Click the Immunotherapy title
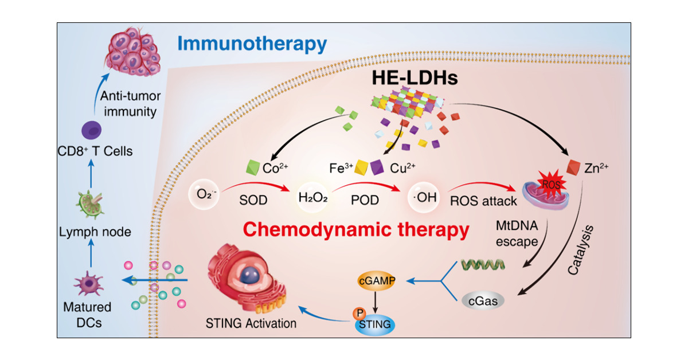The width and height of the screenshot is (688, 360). tap(252, 43)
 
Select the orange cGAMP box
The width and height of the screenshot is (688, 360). tap(379, 282)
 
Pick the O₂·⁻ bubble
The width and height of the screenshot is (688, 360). tap(202, 198)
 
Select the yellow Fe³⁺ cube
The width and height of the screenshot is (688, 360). tap(362, 168)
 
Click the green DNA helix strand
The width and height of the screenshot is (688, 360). tap(482, 265)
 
